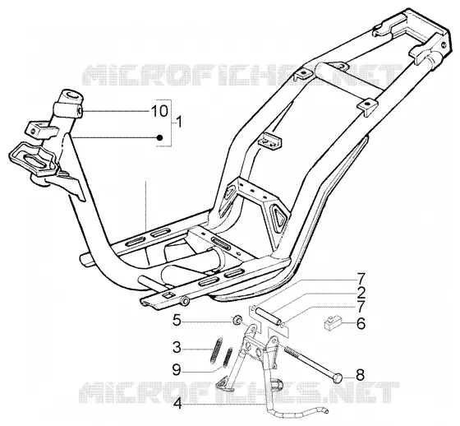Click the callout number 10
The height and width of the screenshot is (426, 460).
(x=159, y=111)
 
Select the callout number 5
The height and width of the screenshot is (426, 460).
(x=177, y=320)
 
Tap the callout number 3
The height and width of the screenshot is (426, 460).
(x=177, y=348)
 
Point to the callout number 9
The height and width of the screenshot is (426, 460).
(x=177, y=370)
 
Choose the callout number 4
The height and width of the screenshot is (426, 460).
(x=177, y=405)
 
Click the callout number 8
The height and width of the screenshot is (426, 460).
(x=360, y=374)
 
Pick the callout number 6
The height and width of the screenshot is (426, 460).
(x=361, y=323)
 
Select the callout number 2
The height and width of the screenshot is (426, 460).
(x=361, y=293)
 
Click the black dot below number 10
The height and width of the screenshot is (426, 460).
(x=159, y=137)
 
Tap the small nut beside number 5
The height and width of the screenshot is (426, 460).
(x=237, y=320)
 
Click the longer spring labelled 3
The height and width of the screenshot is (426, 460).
(x=216, y=351)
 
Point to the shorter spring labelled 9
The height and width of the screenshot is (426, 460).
(x=228, y=358)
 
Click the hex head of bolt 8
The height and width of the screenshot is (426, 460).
(x=338, y=377)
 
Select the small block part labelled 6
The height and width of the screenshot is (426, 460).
(x=332, y=322)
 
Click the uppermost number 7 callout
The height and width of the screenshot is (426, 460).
(x=361, y=279)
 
